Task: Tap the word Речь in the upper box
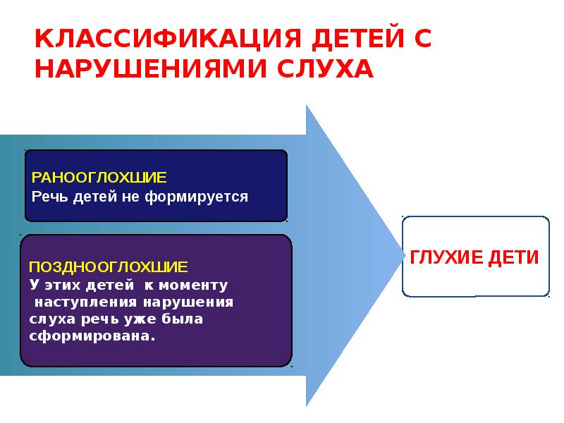click(x=48, y=196)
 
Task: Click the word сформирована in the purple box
click(x=92, y=336)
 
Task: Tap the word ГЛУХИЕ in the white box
click(x=441, y=257)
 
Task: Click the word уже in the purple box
click(x=140, y=319)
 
